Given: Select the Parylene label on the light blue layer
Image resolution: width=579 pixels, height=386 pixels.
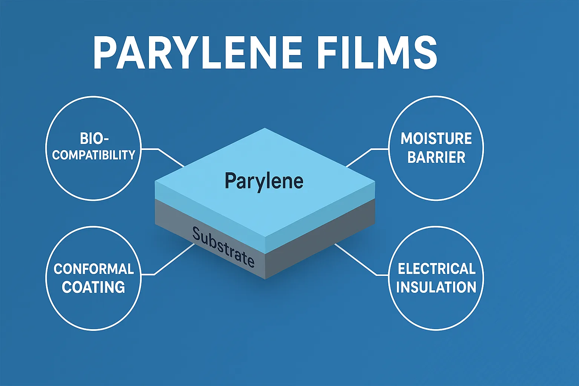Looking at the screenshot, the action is [x=264, y=181].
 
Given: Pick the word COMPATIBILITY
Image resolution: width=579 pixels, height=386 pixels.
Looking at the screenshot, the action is [x=93, y=155].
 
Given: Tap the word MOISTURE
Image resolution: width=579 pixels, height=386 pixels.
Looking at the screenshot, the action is [x=436, y=138].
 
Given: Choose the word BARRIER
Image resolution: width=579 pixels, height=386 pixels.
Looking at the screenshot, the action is [x=436, y=157].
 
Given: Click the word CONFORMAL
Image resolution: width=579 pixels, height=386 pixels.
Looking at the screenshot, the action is [x=93, y=269].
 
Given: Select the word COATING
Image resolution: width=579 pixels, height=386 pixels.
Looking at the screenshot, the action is [x=93, y=287].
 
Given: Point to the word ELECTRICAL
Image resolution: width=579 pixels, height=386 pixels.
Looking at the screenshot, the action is [x=436, y=269].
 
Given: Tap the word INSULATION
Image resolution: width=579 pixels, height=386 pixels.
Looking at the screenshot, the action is [x=436, y=287].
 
